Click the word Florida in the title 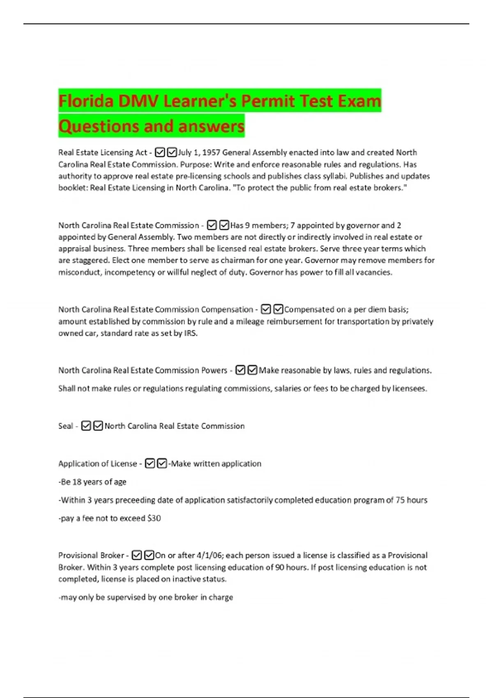coord(85,101)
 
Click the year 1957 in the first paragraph coord(212,153)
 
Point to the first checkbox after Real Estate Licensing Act coord(160,153)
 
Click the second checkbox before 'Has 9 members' coord(224,225)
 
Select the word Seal coord(65,426)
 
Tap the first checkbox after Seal coord(86,426)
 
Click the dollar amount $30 coord(154,519)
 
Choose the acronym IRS coord(190,333)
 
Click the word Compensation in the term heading coord(227,310)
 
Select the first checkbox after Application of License coord(150,464)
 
